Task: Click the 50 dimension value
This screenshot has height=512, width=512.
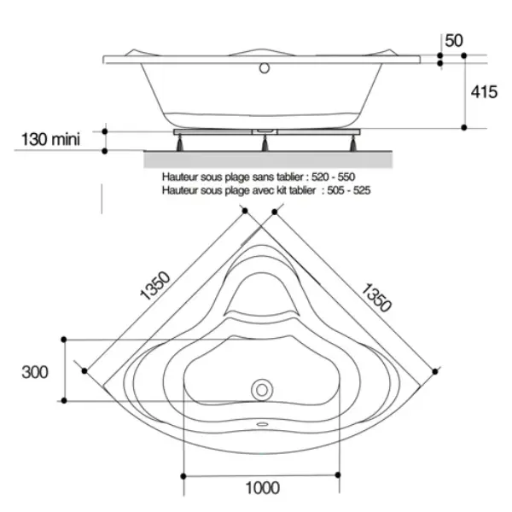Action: (454, 41)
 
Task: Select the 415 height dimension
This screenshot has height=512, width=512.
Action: (484, 92)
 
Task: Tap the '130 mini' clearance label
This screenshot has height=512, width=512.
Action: (50, 139)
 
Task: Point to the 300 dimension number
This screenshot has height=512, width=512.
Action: (35, 372)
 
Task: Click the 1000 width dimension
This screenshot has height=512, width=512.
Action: (263, 488)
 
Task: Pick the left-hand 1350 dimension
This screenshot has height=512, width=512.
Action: (154, 286)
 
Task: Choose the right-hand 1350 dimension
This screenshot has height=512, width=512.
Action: (375, 298)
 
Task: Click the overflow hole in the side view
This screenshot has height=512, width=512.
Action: (265, 68)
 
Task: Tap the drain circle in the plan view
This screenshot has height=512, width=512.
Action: (262, 390)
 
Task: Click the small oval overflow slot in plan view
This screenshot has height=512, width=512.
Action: (262, 424)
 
